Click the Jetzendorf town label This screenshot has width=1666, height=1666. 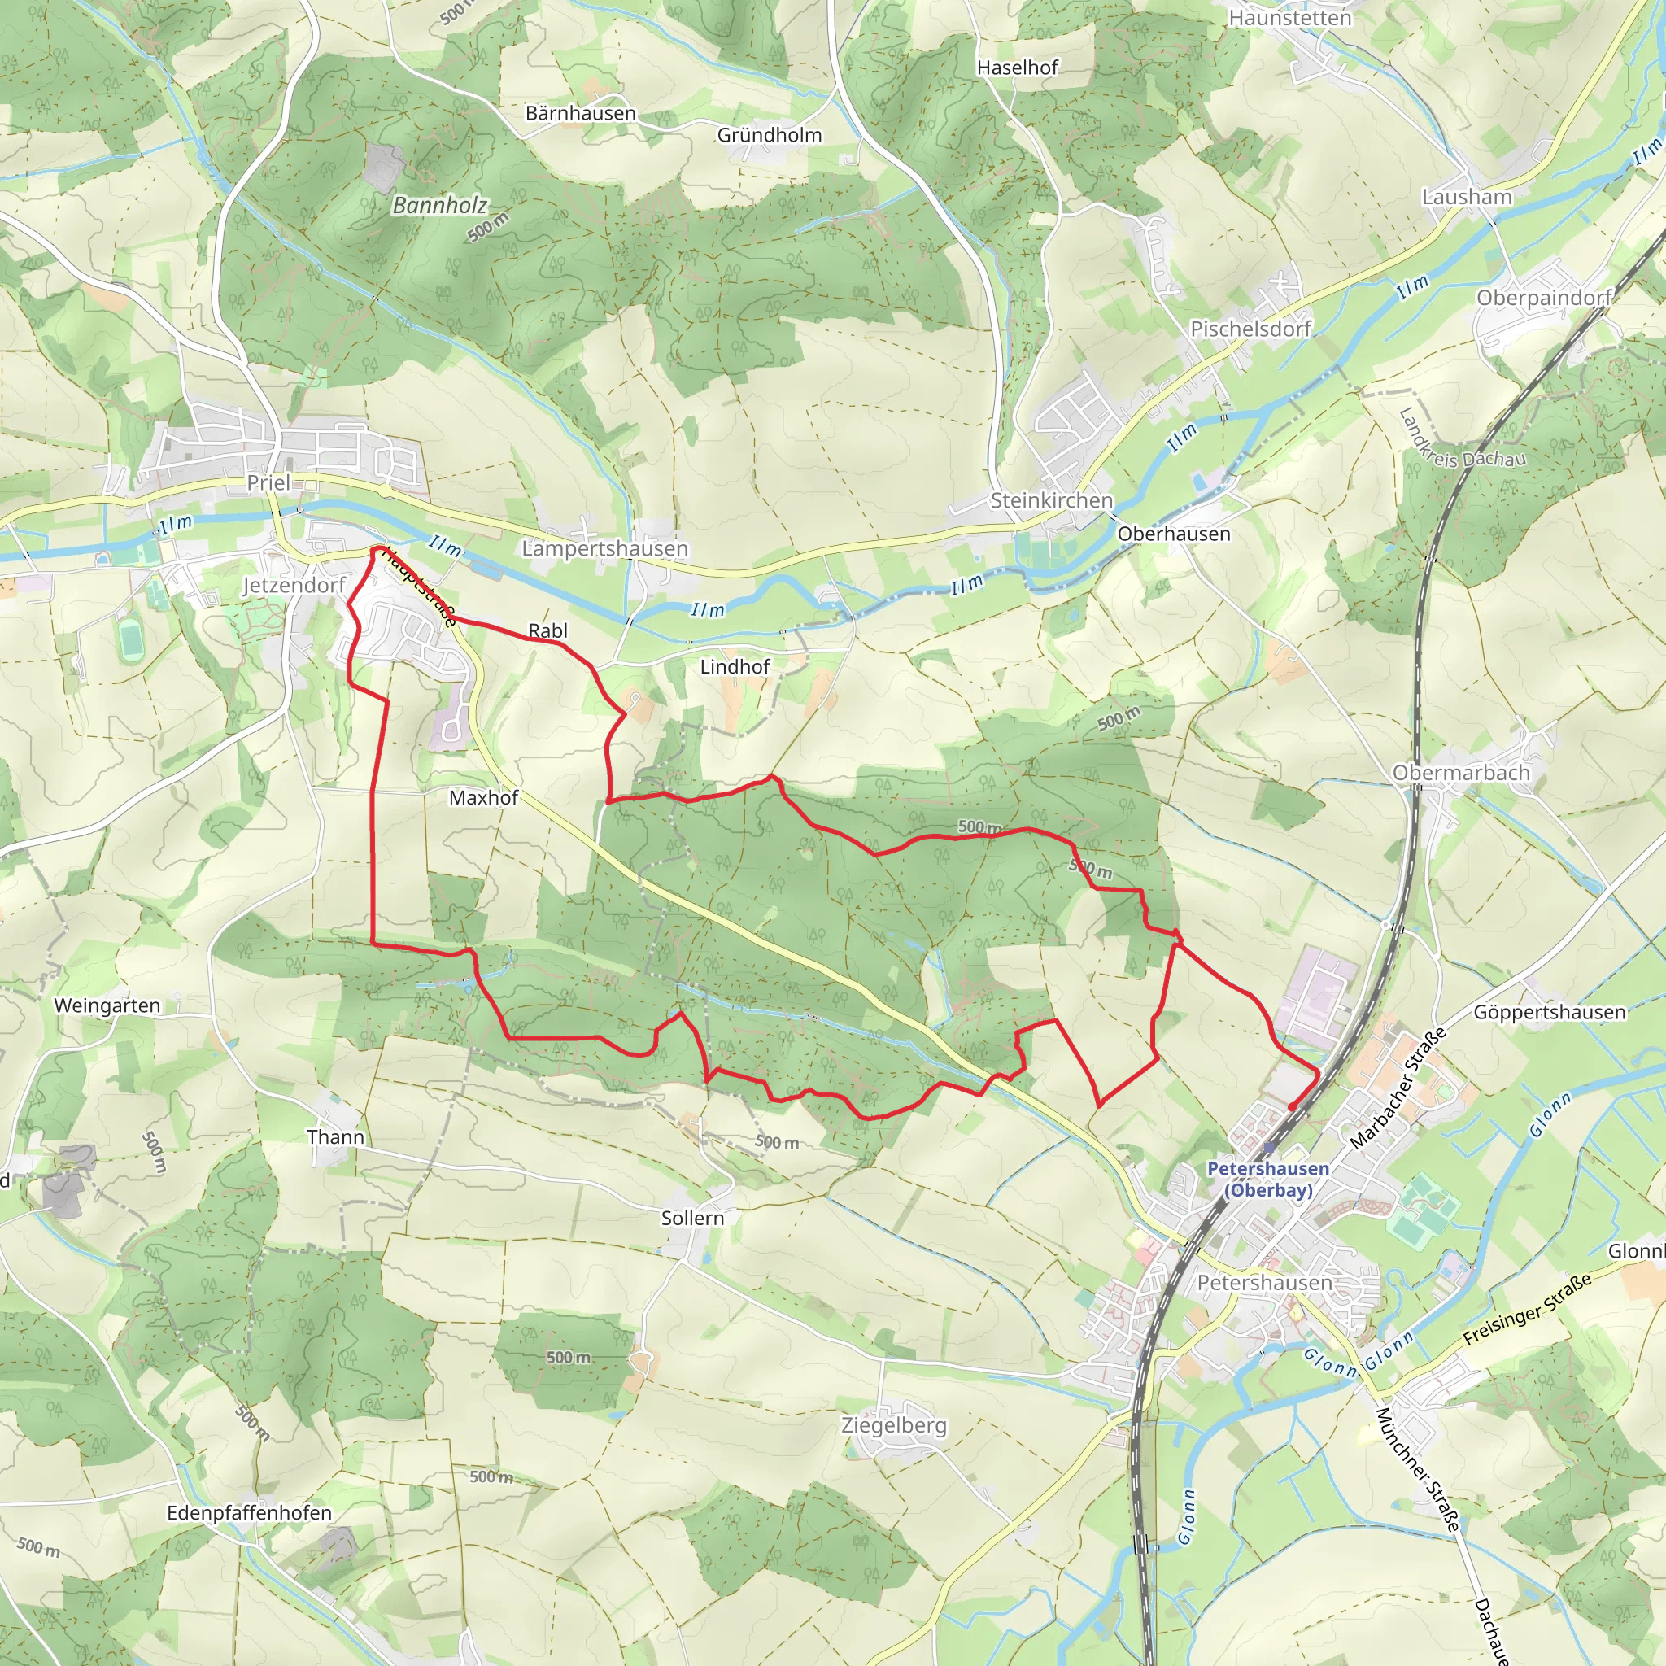tap(293, 586)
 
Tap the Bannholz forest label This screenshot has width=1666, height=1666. tap(439, 205)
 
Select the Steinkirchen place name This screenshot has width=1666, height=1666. tap(1051, 500)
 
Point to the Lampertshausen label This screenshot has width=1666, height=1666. tap(604, 548)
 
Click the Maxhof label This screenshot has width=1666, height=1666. tap(483, 798)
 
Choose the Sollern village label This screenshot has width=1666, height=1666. tap(692, 1218)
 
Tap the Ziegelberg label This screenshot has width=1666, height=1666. tap(893, 1425)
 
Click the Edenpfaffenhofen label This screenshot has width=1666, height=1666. tap(249, 1512)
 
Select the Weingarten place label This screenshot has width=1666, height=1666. tap(107, 1005)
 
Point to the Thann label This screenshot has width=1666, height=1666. tap(335, 1136)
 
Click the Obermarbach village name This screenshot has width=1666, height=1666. tap(1461, 773)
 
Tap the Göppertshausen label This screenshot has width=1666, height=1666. tap(1550, 1011)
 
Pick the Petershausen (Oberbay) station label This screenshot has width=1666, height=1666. tap(1267, 1179)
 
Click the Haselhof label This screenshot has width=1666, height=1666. tap(1017, 68)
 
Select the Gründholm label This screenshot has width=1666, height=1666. tap(770, 134)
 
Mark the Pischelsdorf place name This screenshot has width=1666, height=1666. tap(1250, 329)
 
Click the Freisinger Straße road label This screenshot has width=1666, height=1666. tap(1527, 1310)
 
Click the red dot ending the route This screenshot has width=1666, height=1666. tap(1292, 1106)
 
